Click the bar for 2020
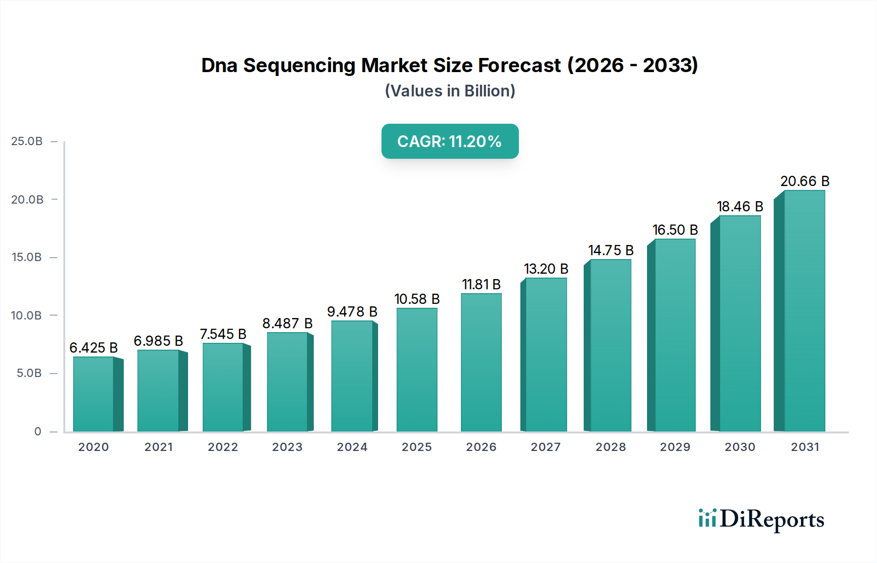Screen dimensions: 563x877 tap(94, 394)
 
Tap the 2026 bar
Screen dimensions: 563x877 tap(481, 363)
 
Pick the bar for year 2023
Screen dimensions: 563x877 tap(287, 382)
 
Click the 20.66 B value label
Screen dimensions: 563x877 tap(805, 181)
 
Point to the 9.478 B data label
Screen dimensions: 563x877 tap(352, 312)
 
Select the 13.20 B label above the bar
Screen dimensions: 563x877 tap(546, 269)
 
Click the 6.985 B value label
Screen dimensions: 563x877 tap(158, 341)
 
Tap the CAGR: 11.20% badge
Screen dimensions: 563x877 tap(450, 141)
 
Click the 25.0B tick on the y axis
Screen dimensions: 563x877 tap(27, 141)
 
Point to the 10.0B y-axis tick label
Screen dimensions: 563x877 tap(27, 316)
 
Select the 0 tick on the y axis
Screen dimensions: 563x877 tap(38, 432)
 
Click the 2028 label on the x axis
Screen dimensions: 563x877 tap(610, 447)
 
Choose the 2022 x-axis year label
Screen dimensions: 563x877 tap(223, 447)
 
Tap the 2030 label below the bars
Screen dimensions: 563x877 tap(740, 447)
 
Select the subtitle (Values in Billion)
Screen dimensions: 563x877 tap(450, 91)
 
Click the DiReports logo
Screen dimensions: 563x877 tap(761, 519)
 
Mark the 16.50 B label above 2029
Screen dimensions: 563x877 tap(675, 230)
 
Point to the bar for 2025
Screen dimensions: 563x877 tap(417, 370)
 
